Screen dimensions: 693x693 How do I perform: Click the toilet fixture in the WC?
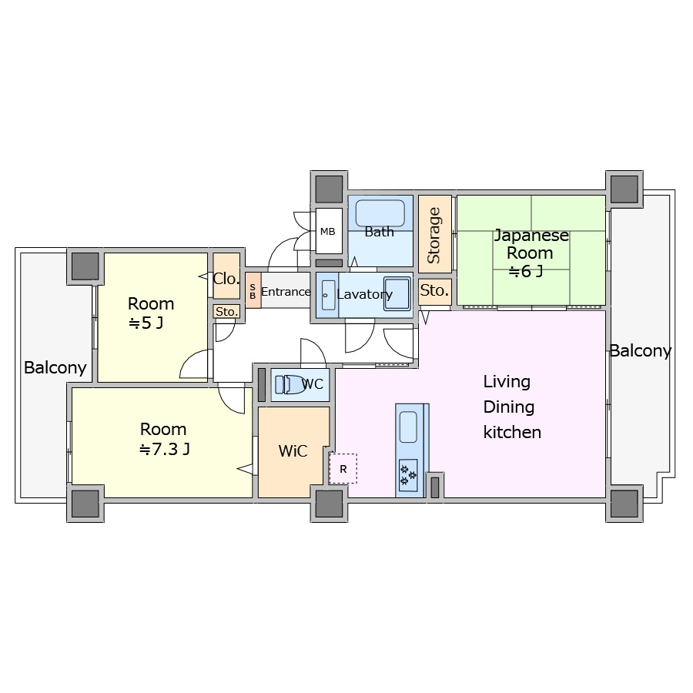click(x=289, y=384)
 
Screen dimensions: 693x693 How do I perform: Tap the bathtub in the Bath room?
click(x=380, y=213)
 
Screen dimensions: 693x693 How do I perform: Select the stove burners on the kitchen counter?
click(x=408, y=475)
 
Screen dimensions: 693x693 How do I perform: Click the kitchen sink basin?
click(x=408, y=427)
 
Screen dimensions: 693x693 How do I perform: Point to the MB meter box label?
click(x=327, y=232)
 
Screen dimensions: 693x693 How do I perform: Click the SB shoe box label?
click(x=253, y=292)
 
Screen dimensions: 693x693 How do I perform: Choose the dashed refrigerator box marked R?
click(x=343, y=468)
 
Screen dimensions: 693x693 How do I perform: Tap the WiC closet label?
click(x=293, y=450)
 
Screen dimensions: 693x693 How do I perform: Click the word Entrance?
click(x=286, y=292)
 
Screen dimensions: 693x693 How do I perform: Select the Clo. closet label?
click(x=226, y=279)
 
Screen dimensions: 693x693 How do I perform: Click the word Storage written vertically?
click(x=434, y=235)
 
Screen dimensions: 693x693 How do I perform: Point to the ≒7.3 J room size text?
click(x=165, y=449)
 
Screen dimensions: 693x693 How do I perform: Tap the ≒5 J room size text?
click(x=146, y=323)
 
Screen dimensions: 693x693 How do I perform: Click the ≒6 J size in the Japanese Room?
click(x=525, y=271)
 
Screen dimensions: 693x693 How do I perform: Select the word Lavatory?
click(x=365, y=294)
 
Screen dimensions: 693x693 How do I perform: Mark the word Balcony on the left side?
click(x=55, y=368)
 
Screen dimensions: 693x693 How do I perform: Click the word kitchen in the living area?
click(x=512, y=432)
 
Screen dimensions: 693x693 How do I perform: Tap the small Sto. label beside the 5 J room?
click(x=226, y=312)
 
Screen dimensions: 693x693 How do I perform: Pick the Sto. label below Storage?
click(x=434, y=290)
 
